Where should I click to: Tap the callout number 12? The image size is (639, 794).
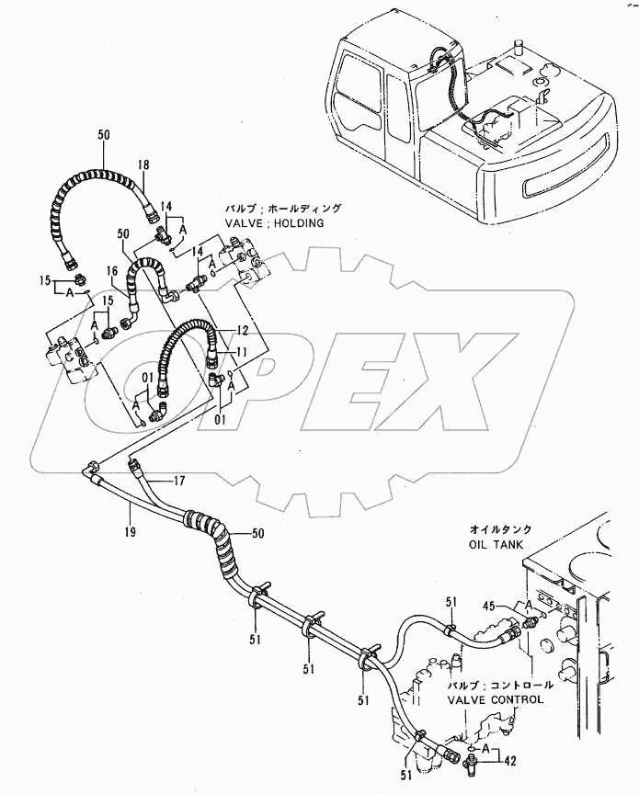point(242,329)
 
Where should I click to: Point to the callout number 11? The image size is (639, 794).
point(242,351)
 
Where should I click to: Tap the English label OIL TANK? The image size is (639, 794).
point(496,544)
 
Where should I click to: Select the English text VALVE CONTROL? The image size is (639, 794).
point(496,699)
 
